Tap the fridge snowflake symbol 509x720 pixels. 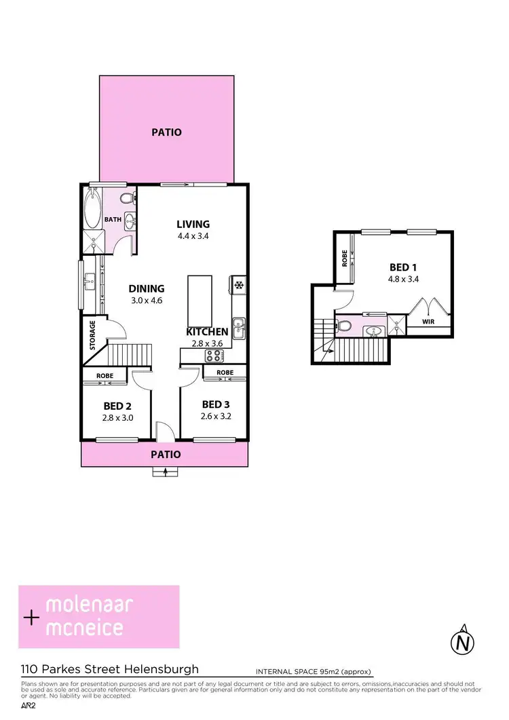[x=238, y=285]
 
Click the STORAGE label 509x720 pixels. [x=93, y=335]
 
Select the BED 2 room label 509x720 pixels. [x=114, y=406]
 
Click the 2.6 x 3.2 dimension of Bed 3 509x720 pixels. [x=217, y=416]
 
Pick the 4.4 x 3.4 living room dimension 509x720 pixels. [x=193, y=237]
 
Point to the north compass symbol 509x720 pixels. [x=463, y=640]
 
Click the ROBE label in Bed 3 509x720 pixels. [x=225, y=373]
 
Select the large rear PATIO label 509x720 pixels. [x=166, y=132]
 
